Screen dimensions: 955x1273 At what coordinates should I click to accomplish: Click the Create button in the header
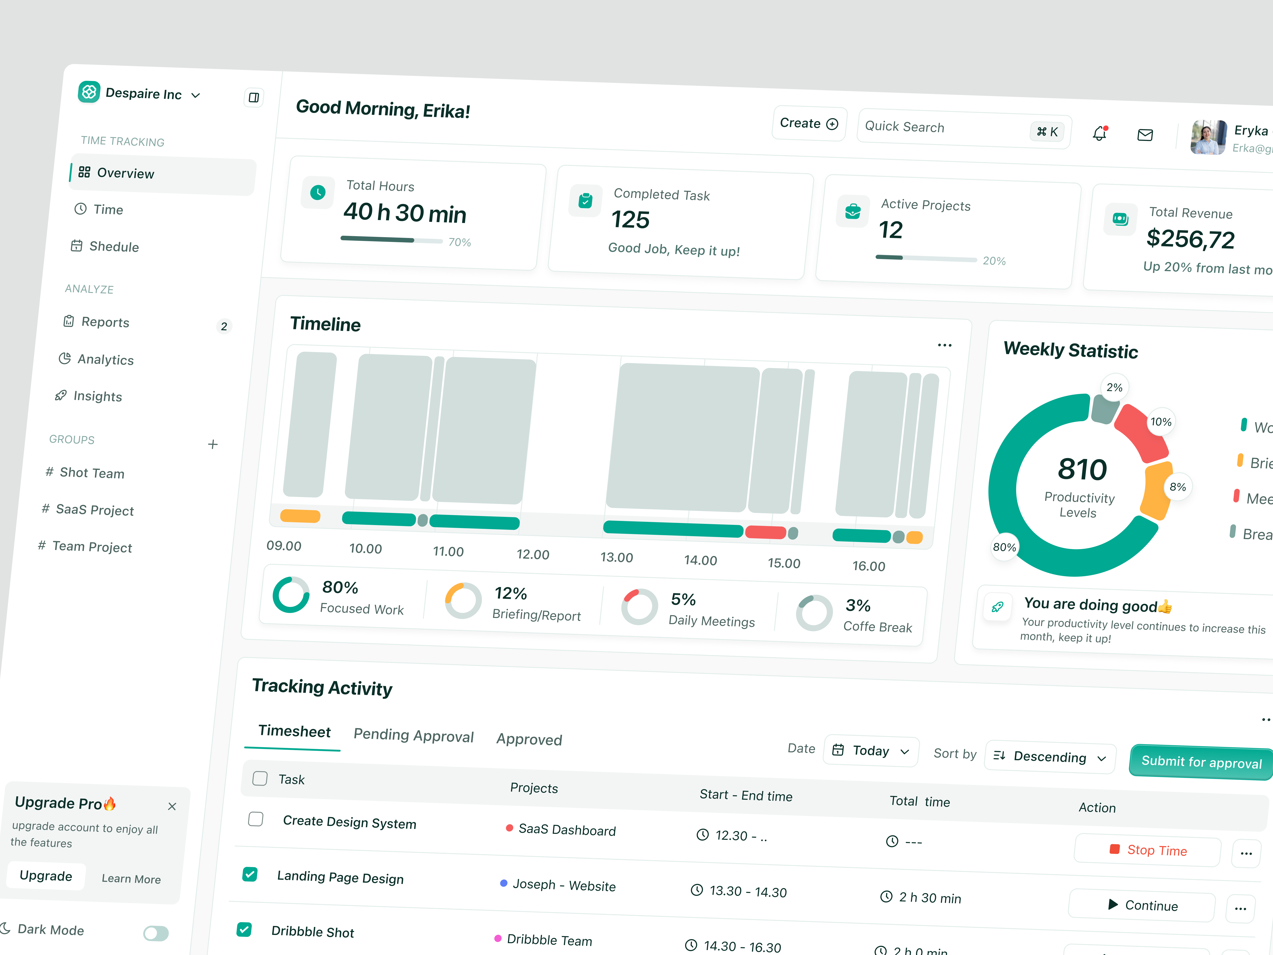(809, 124)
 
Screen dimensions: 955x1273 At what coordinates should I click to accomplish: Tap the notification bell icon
(1099, 134)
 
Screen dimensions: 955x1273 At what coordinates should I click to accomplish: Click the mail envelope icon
(1145, 135)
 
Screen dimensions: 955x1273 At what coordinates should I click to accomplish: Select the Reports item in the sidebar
(105, 322)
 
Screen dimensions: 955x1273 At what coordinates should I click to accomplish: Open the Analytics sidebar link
(105, 360)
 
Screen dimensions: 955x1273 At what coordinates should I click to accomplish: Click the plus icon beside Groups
(212, 444)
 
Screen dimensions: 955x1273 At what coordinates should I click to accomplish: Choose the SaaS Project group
(94, 510)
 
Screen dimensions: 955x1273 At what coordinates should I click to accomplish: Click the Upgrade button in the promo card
(46, 876)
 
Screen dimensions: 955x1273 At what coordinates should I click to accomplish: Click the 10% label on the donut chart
(1161, 422)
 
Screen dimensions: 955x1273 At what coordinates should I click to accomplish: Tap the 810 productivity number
(1082, 469)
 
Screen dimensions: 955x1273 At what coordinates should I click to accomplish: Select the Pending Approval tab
(413, 736)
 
